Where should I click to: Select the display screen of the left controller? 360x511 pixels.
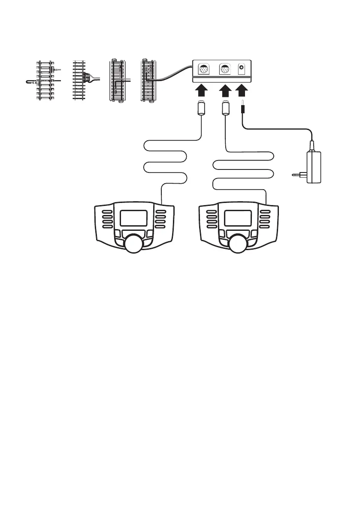(134, 218)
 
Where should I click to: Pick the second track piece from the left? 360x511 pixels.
(79, 81)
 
